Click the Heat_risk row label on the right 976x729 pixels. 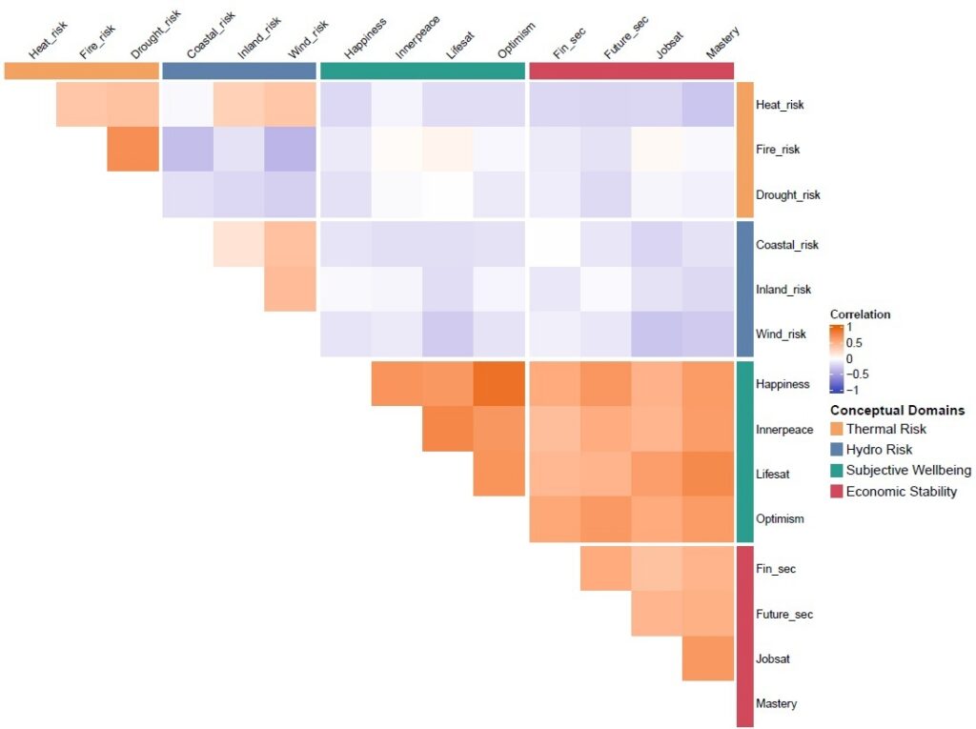click(778, 105)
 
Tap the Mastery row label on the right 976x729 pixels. click(776, 704)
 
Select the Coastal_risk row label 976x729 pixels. click(786, 245)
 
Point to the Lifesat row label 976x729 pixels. click(773, 474)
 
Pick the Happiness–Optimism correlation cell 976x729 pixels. click(499, 384)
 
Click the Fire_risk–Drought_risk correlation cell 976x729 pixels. click(132, 150)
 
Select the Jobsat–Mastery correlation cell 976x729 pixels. click(708, 658)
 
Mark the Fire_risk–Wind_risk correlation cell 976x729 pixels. click(290, 150)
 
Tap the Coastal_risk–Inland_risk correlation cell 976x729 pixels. click(238, 245)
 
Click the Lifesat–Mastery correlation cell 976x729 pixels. click(708, 474)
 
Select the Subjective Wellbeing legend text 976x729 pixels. click(909, 471)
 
